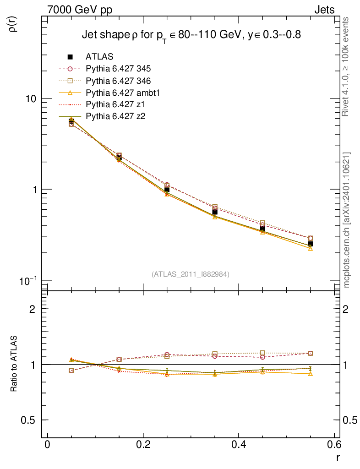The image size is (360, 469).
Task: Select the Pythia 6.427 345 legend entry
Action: [118, 69]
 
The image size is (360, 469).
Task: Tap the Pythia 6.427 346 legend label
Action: [118, 81]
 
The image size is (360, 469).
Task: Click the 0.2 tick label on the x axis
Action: [143, 446]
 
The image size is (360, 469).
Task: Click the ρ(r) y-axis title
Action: [14, 24]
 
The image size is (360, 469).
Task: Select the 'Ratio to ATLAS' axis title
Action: [14, 364]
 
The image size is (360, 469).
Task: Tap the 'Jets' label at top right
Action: [324, 10]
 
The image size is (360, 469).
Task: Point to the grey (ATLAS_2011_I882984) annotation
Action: [191, 274]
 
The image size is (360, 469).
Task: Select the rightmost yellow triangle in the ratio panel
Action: [311, 374]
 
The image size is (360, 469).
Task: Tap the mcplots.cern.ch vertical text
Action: [347, 220]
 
